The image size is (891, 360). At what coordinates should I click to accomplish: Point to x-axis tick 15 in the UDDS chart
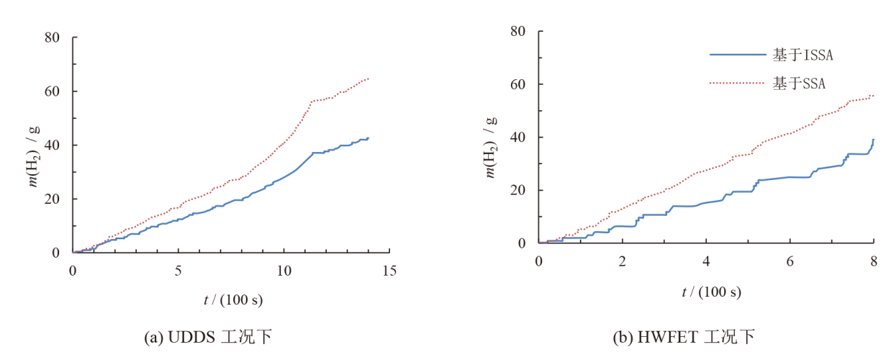pyautogui.click(x=389, y=270)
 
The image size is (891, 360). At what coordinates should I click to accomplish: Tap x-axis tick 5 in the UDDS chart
pyautogui.click(x=178, y=270)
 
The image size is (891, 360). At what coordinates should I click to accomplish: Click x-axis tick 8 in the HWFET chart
pyautogui.click(x=873, y=261)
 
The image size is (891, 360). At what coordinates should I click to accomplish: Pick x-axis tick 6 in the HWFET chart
pyautogui.click(x=790, y=261)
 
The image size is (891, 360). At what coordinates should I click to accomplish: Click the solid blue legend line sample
pyautogui.click(x=737, y=55)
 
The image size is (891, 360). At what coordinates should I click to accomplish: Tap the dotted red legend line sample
pyautogui.click(x=737, y=83)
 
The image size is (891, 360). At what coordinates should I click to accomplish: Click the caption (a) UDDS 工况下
pyautogui.click(x=208, y=336)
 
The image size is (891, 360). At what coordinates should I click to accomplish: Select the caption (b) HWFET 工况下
pyautogui.click(x=682, y=336)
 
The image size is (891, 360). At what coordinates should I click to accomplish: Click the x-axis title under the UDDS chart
pyautogui.click(x=232, y=299)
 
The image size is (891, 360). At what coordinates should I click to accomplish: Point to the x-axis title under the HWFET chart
pyautogui.click(x=711, y=292)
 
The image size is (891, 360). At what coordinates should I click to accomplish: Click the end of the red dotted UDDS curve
pyautogui.click(x=368, y=78)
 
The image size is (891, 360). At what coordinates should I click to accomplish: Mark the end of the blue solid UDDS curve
pyautogui.click(x=368, y=138)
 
